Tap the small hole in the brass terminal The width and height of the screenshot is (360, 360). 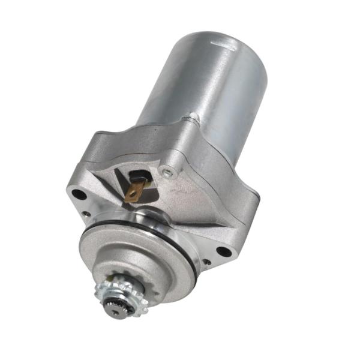coord(133,194)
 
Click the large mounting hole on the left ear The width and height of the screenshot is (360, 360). coord(79,194)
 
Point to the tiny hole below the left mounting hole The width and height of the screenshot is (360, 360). coord(88,213)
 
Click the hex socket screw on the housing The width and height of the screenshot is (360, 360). coord(169,173)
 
